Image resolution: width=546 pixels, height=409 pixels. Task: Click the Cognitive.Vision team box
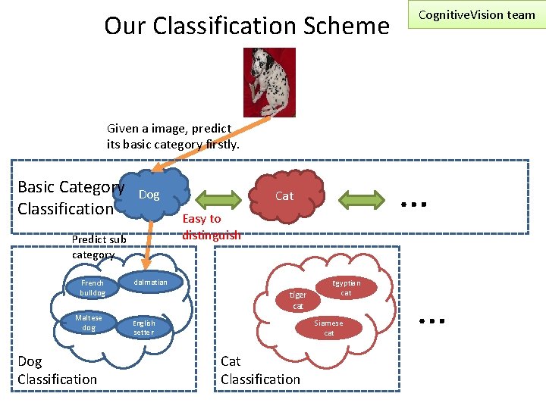(x=476, y=15)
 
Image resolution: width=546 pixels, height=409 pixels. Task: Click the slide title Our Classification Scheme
(x=246, y=26)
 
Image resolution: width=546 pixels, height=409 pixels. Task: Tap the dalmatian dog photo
(x=269, y=83)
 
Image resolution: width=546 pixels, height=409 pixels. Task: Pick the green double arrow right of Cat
(x=362, y=200)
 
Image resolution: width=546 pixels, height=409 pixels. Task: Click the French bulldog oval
(x=93, y=288)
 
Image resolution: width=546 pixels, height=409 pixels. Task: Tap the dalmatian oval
(x=150, y=283)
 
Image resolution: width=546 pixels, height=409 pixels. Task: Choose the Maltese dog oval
(x=89, y=323)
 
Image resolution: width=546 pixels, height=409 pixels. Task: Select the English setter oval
(x=144, y=327)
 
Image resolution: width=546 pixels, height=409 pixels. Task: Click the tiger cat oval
(x=298, y=300)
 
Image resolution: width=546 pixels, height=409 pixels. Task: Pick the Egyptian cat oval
(x=346, y=288)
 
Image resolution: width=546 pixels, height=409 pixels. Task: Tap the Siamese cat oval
(x=329, y=327)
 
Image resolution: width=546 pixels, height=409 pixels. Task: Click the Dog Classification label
(x=58, y=370)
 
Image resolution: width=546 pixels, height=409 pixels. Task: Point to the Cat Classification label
(x=260, y=370)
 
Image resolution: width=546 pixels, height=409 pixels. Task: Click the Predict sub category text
(x=99, y=247)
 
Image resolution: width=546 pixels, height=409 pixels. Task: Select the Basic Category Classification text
(x=70, y=198)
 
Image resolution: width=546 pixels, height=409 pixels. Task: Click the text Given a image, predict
(x=169, y=129)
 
